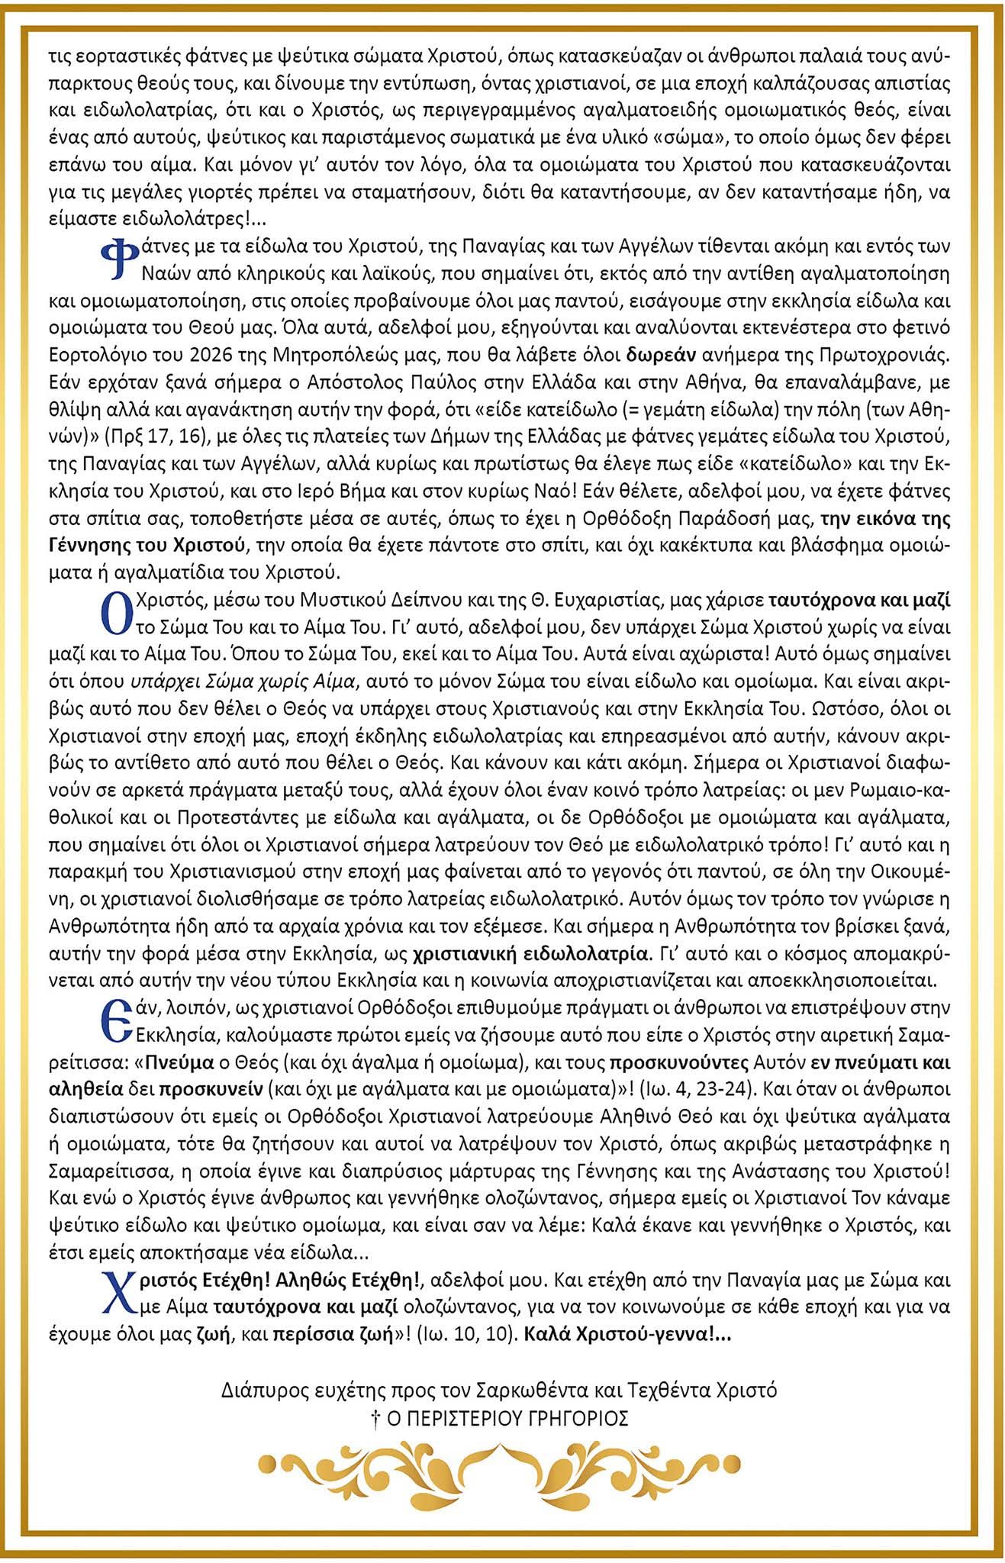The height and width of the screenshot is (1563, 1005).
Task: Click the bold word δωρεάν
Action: [x=662, y=355]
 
